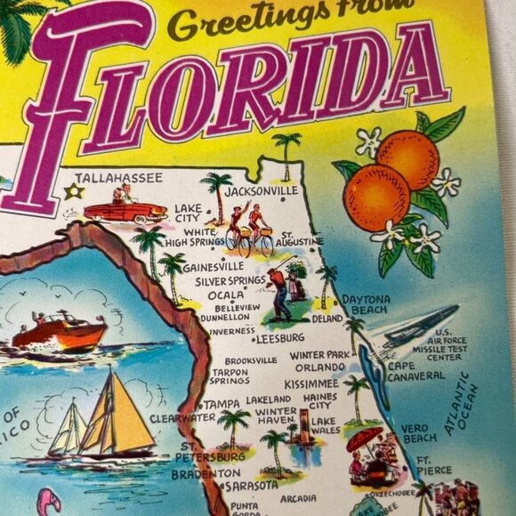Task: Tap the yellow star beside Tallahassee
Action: tap(75, 191)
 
